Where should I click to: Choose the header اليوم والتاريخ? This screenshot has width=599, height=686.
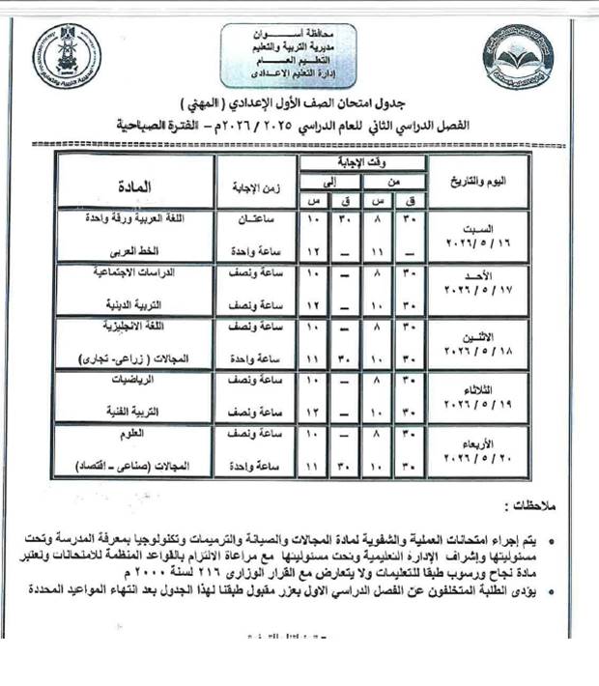coord(476,183)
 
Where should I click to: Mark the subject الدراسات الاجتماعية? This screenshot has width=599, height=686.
coord(155,273)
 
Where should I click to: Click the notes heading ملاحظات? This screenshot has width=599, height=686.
coord(529,505)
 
